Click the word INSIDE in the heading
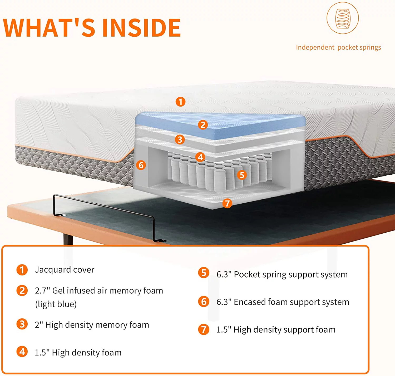tap(142, 28)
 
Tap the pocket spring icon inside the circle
tap(343, 18)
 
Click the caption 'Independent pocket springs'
tap(339, 47)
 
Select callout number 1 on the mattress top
tap(180, 102)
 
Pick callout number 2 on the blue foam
tap(203, 125)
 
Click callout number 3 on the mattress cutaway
tap(180, 139)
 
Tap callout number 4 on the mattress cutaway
tap(200, 157)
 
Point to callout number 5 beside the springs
tap(242, 175)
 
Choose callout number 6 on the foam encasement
tap(141, 165)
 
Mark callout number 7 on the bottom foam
tap(227, 203)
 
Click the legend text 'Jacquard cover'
tap(65, 270)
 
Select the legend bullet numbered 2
tap(22, 290)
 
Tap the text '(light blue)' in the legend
tap(56, 304)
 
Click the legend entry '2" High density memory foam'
tap(92, 325)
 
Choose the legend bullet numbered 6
tap(204, 302)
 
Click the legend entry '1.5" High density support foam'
tap(276, 329)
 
